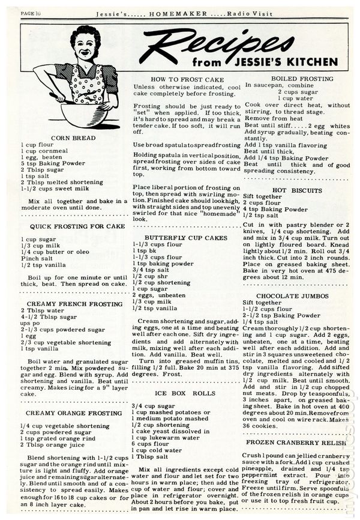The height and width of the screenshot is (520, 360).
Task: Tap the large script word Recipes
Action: coord(222,45)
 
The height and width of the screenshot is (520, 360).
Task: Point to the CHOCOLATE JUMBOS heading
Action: coord(292,296)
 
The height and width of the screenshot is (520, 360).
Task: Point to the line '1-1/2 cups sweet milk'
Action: coord(55,188)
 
